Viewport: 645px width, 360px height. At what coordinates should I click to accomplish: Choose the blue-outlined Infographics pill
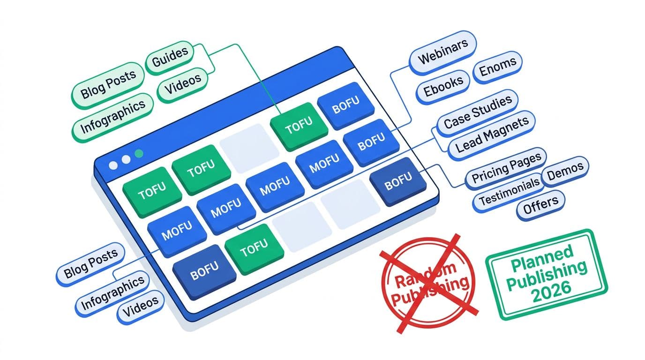coord(112,292)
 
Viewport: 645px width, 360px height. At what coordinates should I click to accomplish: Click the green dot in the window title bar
coord(138,153)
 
